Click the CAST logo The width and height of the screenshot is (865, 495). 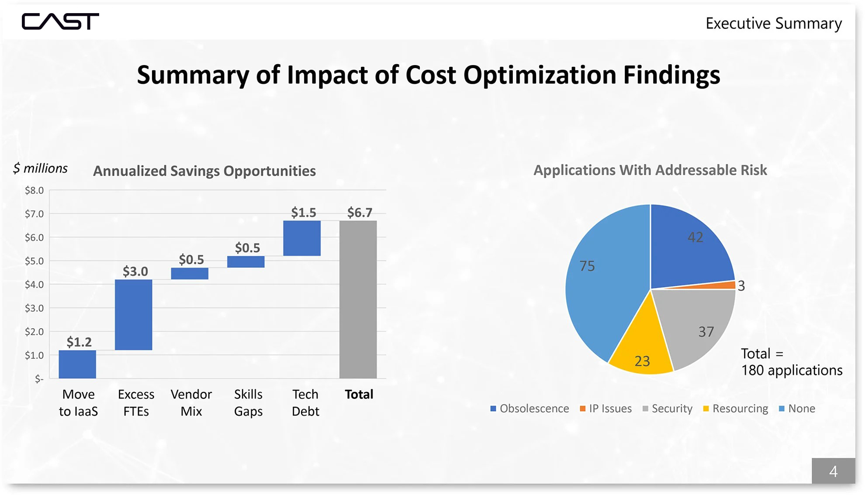(x=60, y=21)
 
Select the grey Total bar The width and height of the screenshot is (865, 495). (x=358, y=299)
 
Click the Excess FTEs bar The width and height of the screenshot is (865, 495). (x=133, y=315)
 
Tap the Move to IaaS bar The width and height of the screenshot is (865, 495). (x=77, y=364)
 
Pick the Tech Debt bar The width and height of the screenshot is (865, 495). (x=301, y=238)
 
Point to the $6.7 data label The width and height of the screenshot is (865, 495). (x=360, y=213)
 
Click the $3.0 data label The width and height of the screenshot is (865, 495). (x=135, y=272)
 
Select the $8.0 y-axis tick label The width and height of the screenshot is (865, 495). (x=34, y=190)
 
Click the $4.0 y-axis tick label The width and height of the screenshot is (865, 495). (x=34, y=285)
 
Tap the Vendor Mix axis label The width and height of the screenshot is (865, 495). (x=191, y=402)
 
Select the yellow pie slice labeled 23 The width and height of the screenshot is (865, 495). (x=641, y=349)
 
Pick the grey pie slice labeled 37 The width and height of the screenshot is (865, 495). (x=695, y=323)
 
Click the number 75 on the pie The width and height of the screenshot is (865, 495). (x=587, y=266)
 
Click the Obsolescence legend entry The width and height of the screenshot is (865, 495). (x=529, y=409)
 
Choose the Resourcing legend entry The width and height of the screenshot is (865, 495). (x=736, y=409)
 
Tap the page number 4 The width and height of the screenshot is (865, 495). (x=833, y=471)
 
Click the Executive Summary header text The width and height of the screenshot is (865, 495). (x=773, y=23)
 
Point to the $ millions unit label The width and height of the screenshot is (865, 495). (x=40, y=168)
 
